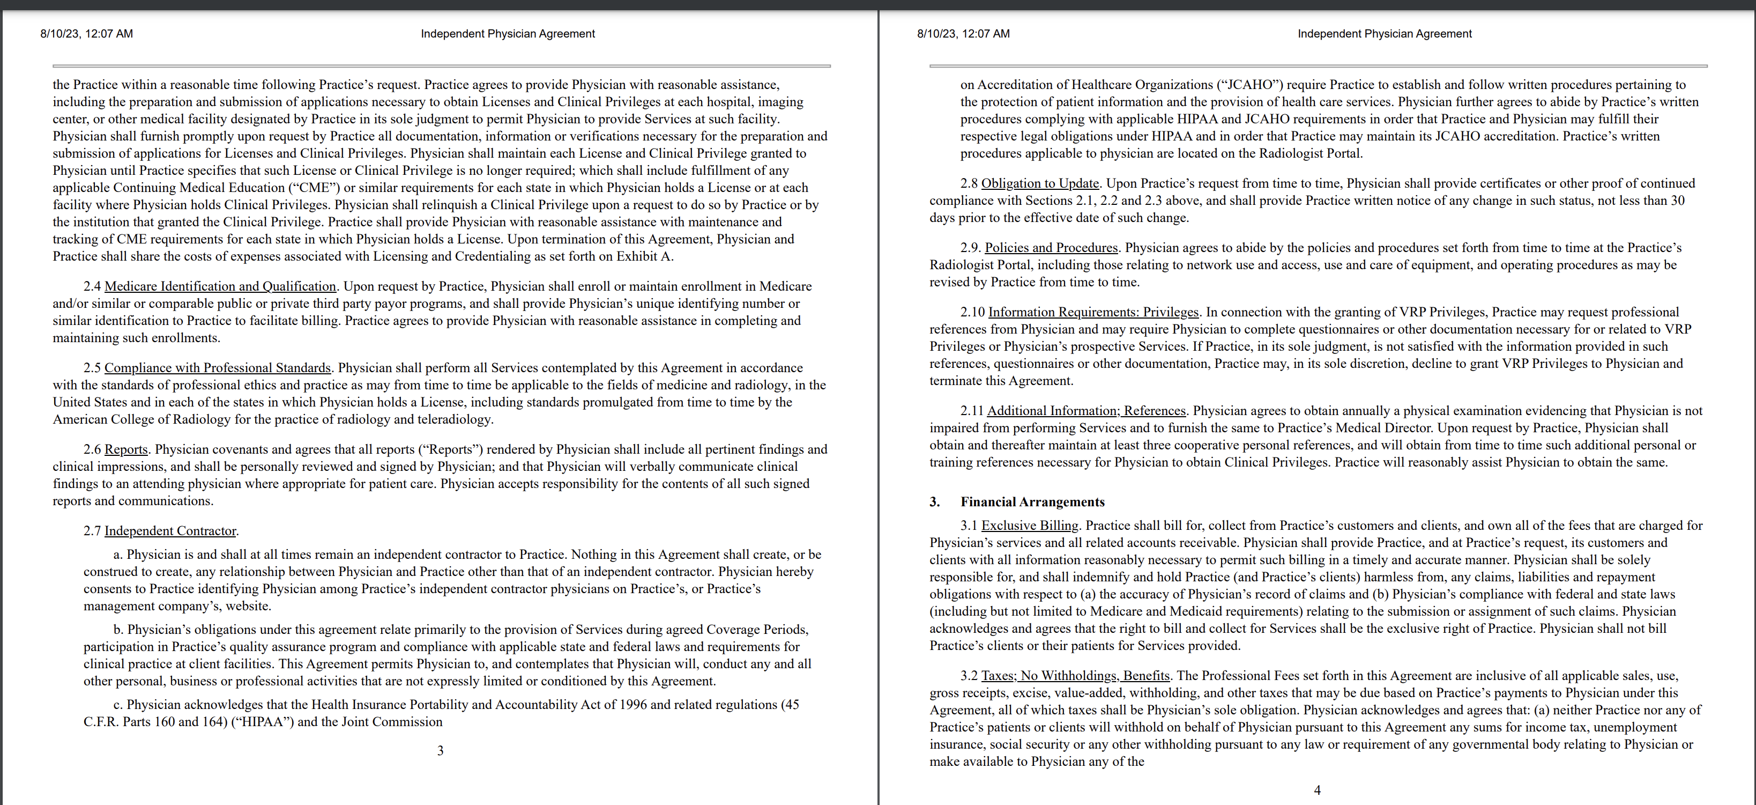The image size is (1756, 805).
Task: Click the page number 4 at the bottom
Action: pyautogui.click(x=1317, y=791)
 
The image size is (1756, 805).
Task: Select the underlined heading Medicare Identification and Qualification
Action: pyautogui.click(x=220, y=286)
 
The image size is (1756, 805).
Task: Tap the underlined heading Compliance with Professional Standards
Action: pyautogui.click(x=218, y=368)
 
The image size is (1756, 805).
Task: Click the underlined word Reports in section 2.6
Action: pyautogui.click(x=125, y=449)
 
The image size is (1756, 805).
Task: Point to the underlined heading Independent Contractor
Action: pyautogui.click(x=170, y=531)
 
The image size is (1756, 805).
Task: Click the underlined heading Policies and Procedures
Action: pyautogui.click(x=1051, y=248)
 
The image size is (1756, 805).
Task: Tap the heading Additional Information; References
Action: pyautogui.click(x=1086, y=411)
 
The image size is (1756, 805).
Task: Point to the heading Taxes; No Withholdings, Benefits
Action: pyautogui.click(x=1075, y=676)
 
